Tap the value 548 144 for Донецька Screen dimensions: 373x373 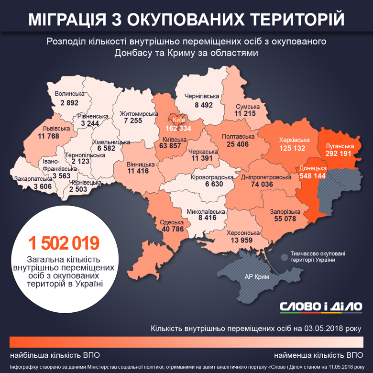(x=313, y=176)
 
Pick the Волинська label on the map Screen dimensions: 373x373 (x=69, y=94)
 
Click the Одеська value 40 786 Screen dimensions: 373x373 (x=172, y=229)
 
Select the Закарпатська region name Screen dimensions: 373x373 (x=33, y=179)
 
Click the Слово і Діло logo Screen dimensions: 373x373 (x=321, y=306)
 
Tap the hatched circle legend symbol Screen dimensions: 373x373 (x=285, y=257)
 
